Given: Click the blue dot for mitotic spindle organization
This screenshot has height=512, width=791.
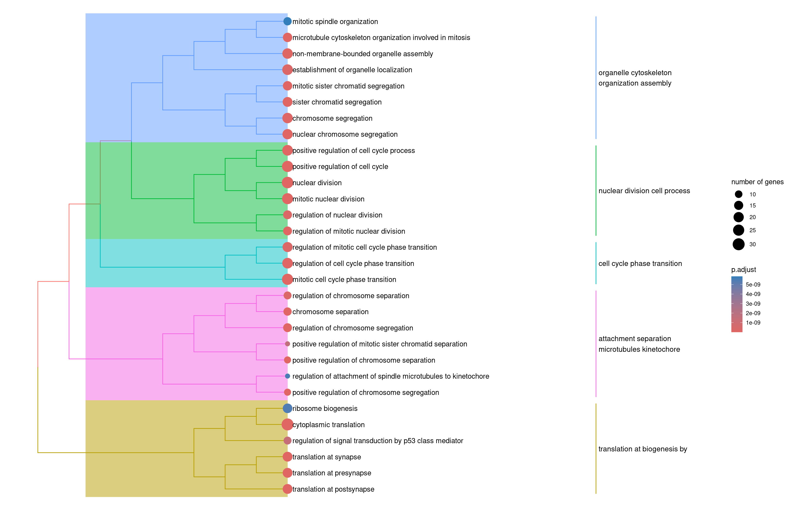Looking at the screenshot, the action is click(x=287, y=21).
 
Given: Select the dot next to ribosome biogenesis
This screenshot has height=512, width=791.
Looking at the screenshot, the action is click(x=287, y=408).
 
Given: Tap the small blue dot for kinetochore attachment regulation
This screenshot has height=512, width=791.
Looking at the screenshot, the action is click(x=287, y=376).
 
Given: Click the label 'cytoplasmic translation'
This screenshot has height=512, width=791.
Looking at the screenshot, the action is click(x=328, y=424).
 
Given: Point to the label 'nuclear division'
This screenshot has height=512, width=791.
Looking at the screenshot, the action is click(x=317, y=183).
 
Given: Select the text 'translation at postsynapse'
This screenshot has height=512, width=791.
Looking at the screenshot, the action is click(x=333, y=489).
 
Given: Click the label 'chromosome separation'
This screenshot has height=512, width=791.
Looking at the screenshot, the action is click(x=330, y=312).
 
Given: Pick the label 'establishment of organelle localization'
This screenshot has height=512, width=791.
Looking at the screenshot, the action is click(x=352, y=70).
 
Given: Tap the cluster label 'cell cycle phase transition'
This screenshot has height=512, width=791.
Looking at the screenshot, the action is click(x=640, y=263).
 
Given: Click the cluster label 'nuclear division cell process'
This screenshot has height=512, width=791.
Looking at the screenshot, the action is click(x=644, y=191).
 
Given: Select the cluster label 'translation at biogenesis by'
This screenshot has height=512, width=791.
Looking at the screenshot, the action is click(x=643, y=449).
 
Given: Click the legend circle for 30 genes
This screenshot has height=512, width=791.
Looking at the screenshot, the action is click(x=738, y=244).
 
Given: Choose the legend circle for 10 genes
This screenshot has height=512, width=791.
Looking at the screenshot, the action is click(x=738, y=194).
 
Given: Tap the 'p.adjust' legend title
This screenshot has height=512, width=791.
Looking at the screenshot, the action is click(x=744, y=270).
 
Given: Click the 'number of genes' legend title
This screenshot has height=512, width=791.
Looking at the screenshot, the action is click(x=757, y=182).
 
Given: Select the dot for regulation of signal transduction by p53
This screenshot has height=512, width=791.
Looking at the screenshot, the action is click(x=287, y=440).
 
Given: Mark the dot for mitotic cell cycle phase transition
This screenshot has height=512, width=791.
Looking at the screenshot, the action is click(x=287, y=279).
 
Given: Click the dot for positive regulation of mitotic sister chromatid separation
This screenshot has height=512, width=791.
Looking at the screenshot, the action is click(x=287, y=344).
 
